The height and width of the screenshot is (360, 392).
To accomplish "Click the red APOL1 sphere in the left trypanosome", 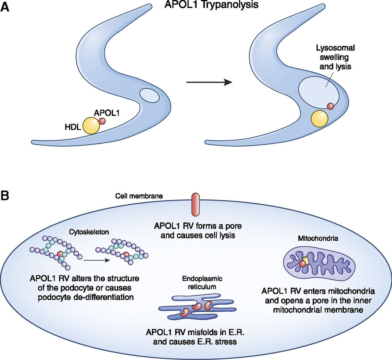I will [102, 121].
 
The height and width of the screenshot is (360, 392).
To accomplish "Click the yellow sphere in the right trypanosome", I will [319, 119].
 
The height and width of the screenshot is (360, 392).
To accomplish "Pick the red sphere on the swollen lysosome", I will [331, 106].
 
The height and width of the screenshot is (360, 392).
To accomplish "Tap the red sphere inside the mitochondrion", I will [302, 265].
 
